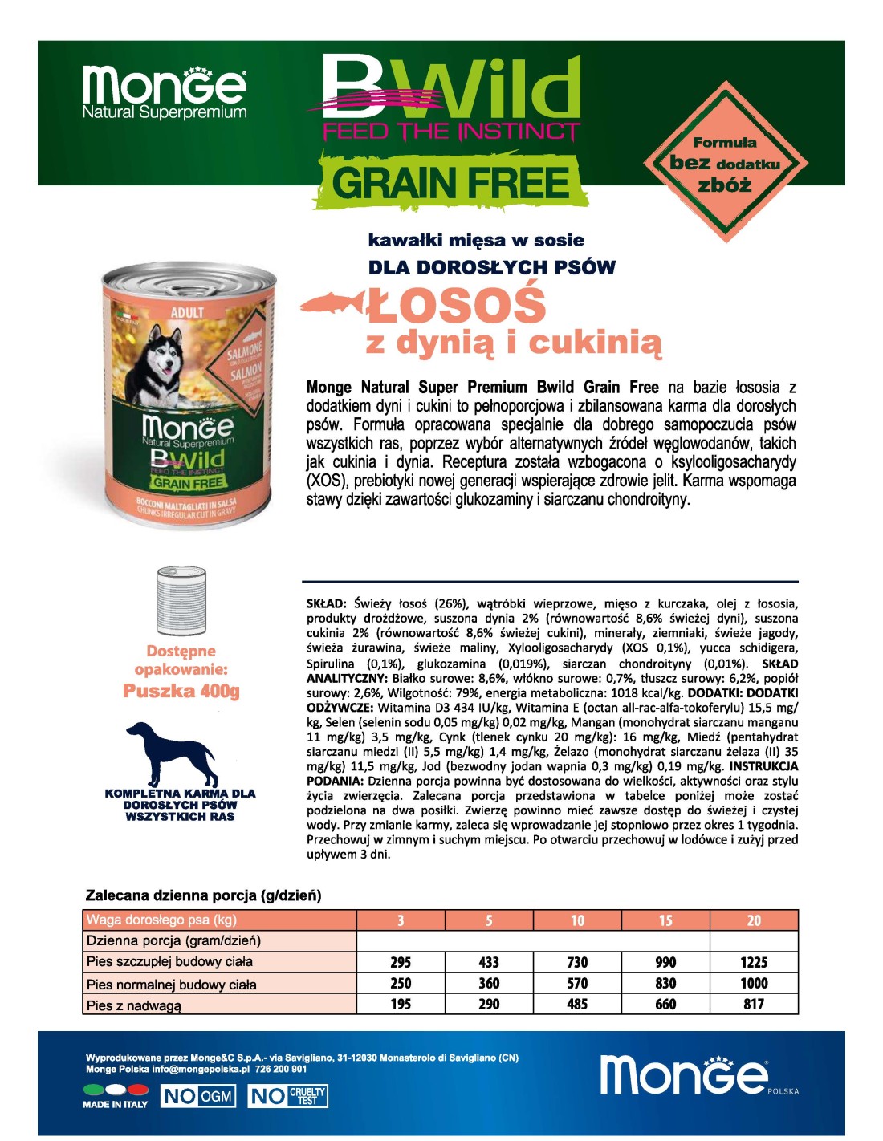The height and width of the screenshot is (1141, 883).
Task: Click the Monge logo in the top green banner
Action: tap(165, 91)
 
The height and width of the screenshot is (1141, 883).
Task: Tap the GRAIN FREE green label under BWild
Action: tap(450, 182)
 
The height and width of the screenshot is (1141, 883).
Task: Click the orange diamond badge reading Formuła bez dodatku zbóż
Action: tap(725, 163)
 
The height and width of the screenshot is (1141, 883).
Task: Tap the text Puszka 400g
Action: tap(181, 691)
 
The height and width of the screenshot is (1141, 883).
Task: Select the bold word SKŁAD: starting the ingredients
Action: tap(326, 603)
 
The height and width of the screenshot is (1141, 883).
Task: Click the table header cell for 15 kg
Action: tap(665, 920)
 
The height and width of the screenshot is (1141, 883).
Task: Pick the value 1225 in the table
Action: tap(754, 962)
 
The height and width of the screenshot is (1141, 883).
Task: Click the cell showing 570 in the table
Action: tap(577, 983)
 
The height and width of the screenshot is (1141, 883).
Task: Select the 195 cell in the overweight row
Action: tap(401, 1004)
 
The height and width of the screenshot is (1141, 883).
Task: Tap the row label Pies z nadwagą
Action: tap(134, 1005)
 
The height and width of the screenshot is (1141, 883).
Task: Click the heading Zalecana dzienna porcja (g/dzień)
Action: tap(203, 895)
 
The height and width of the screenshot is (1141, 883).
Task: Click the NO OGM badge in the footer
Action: tap(198, 1096)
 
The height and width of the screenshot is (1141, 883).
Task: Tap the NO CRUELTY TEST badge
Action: tap(287, 1096)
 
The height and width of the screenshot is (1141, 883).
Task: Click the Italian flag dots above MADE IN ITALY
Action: tap(116, 1090)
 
